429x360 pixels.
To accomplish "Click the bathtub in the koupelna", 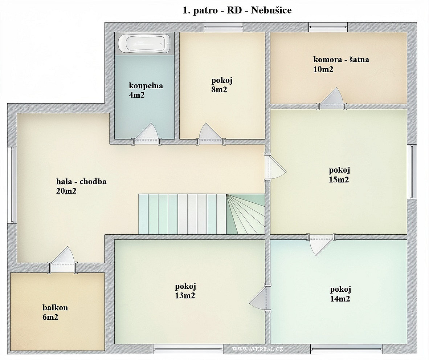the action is tap(144, 43).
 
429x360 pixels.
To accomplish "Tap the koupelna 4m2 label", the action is tap(146, 90).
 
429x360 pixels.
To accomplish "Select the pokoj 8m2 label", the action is tap(222, 85).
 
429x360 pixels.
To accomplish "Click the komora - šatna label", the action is tap(341, 60).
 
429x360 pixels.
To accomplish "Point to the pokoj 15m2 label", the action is tap(339, 175).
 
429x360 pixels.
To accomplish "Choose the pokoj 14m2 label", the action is tap(340, 294).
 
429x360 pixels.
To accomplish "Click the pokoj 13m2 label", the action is tap(185, 291).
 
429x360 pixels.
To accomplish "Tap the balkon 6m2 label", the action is tap(55, 312).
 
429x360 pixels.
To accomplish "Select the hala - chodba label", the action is tap(81, 181).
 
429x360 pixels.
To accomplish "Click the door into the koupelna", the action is tap(146, 134).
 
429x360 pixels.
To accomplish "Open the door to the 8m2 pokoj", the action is tap(211, 134).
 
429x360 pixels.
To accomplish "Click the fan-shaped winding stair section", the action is tap(245, 214).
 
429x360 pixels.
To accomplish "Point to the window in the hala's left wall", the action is tap(12, 185).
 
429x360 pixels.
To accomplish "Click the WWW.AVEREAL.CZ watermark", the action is tap(257, 349).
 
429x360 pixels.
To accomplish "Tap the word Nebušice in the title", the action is tap(271, 11).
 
